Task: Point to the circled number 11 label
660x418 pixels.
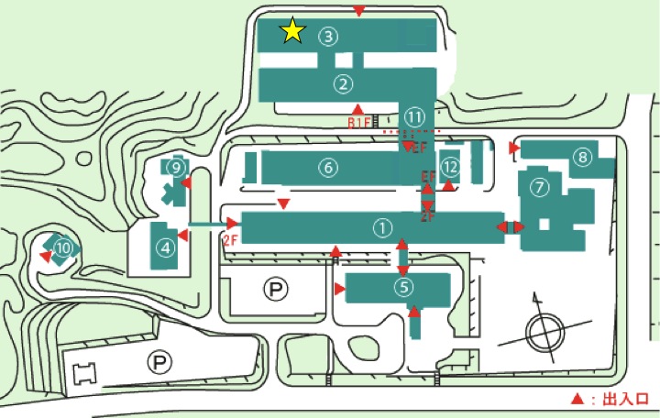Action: [x=415, y=117]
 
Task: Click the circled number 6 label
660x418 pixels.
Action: [x=328, y=167]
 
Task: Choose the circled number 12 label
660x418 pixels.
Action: [x=449, y=167]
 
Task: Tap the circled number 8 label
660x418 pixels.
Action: [x=582, y=158]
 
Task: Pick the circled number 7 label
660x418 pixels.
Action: [x=539, y=187]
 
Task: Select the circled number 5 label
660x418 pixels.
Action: [x=403, y=287]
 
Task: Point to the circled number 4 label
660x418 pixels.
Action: [x=166, y=247]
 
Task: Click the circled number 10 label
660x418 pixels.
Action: [x=62, y=247]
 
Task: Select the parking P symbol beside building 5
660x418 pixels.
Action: [x=274, y=290]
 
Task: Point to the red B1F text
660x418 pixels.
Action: [x=357, y=122]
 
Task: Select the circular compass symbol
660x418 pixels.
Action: [x=542, y=330]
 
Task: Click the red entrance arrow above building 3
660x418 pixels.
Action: [x=360, y=11]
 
